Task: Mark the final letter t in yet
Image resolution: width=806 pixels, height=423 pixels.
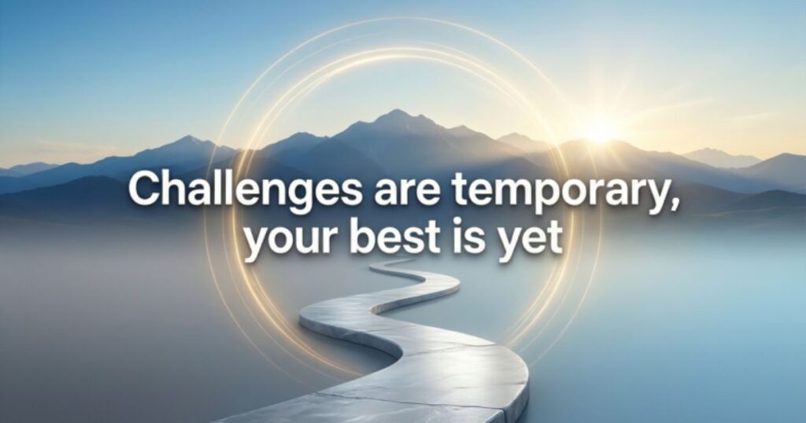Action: [554, 239]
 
